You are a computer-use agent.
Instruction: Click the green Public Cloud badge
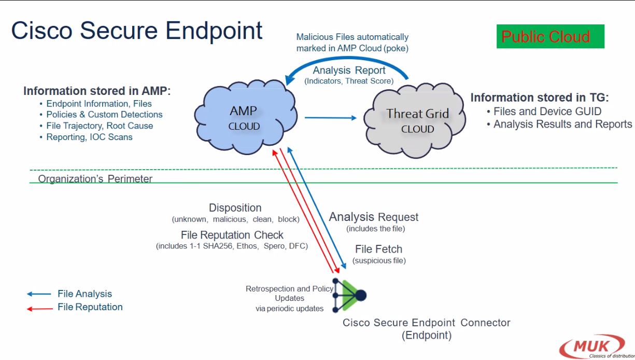(x=550, y=37)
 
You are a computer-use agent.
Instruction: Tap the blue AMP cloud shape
(x=243, y=118)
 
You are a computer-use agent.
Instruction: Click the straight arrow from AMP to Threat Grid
(x=330, y=118)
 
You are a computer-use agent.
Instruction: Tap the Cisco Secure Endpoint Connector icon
(x=349, y=295)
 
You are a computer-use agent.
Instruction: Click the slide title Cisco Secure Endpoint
(x=137, y=31)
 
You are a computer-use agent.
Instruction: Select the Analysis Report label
(x=349, y=70)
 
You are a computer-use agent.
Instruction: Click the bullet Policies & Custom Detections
(x=104, y=115)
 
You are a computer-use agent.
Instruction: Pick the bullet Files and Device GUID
(x=547, y=111)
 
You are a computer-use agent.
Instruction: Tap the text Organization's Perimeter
(x=95, y=179)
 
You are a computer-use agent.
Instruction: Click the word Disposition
(x=235, y=208)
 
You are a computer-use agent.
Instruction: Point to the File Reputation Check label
(x=232, y=235)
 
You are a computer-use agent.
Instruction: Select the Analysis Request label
(x=374, y=217)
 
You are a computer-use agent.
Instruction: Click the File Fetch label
(x=378, y=249)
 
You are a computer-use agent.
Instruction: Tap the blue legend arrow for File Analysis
(x=39, y=294)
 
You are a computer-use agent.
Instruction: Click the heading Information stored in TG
(x=540, y=98)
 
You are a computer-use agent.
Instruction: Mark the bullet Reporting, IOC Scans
(x=89, y=137)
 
